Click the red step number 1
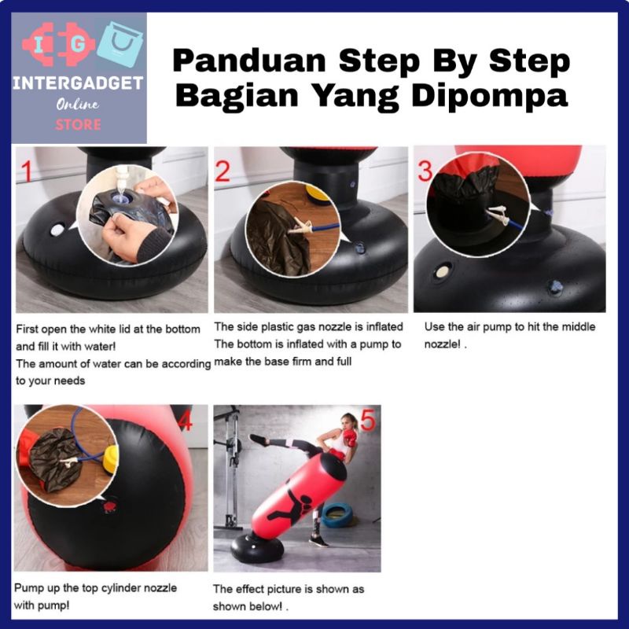point(27,171)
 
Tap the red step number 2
point(223,171)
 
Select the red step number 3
point(425,171)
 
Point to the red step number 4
point(185,421)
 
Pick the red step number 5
point(368,421)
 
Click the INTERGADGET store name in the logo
point(78,83)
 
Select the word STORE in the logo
point(78,125)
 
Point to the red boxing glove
point(349,438)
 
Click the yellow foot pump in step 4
point(110,458)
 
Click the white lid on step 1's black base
point(57,230)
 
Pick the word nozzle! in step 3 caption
point(442,344)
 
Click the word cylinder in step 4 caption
point(121,588)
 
